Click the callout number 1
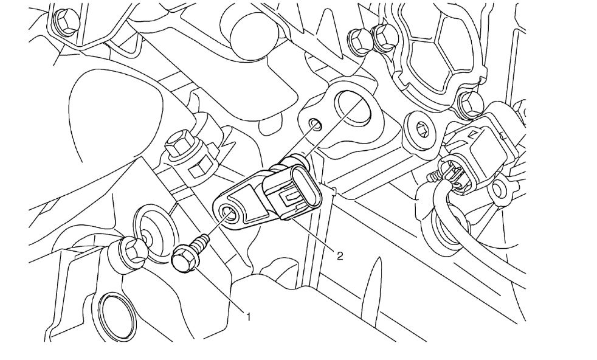[x=248, y=316]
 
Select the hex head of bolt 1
[x=182, y=260]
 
